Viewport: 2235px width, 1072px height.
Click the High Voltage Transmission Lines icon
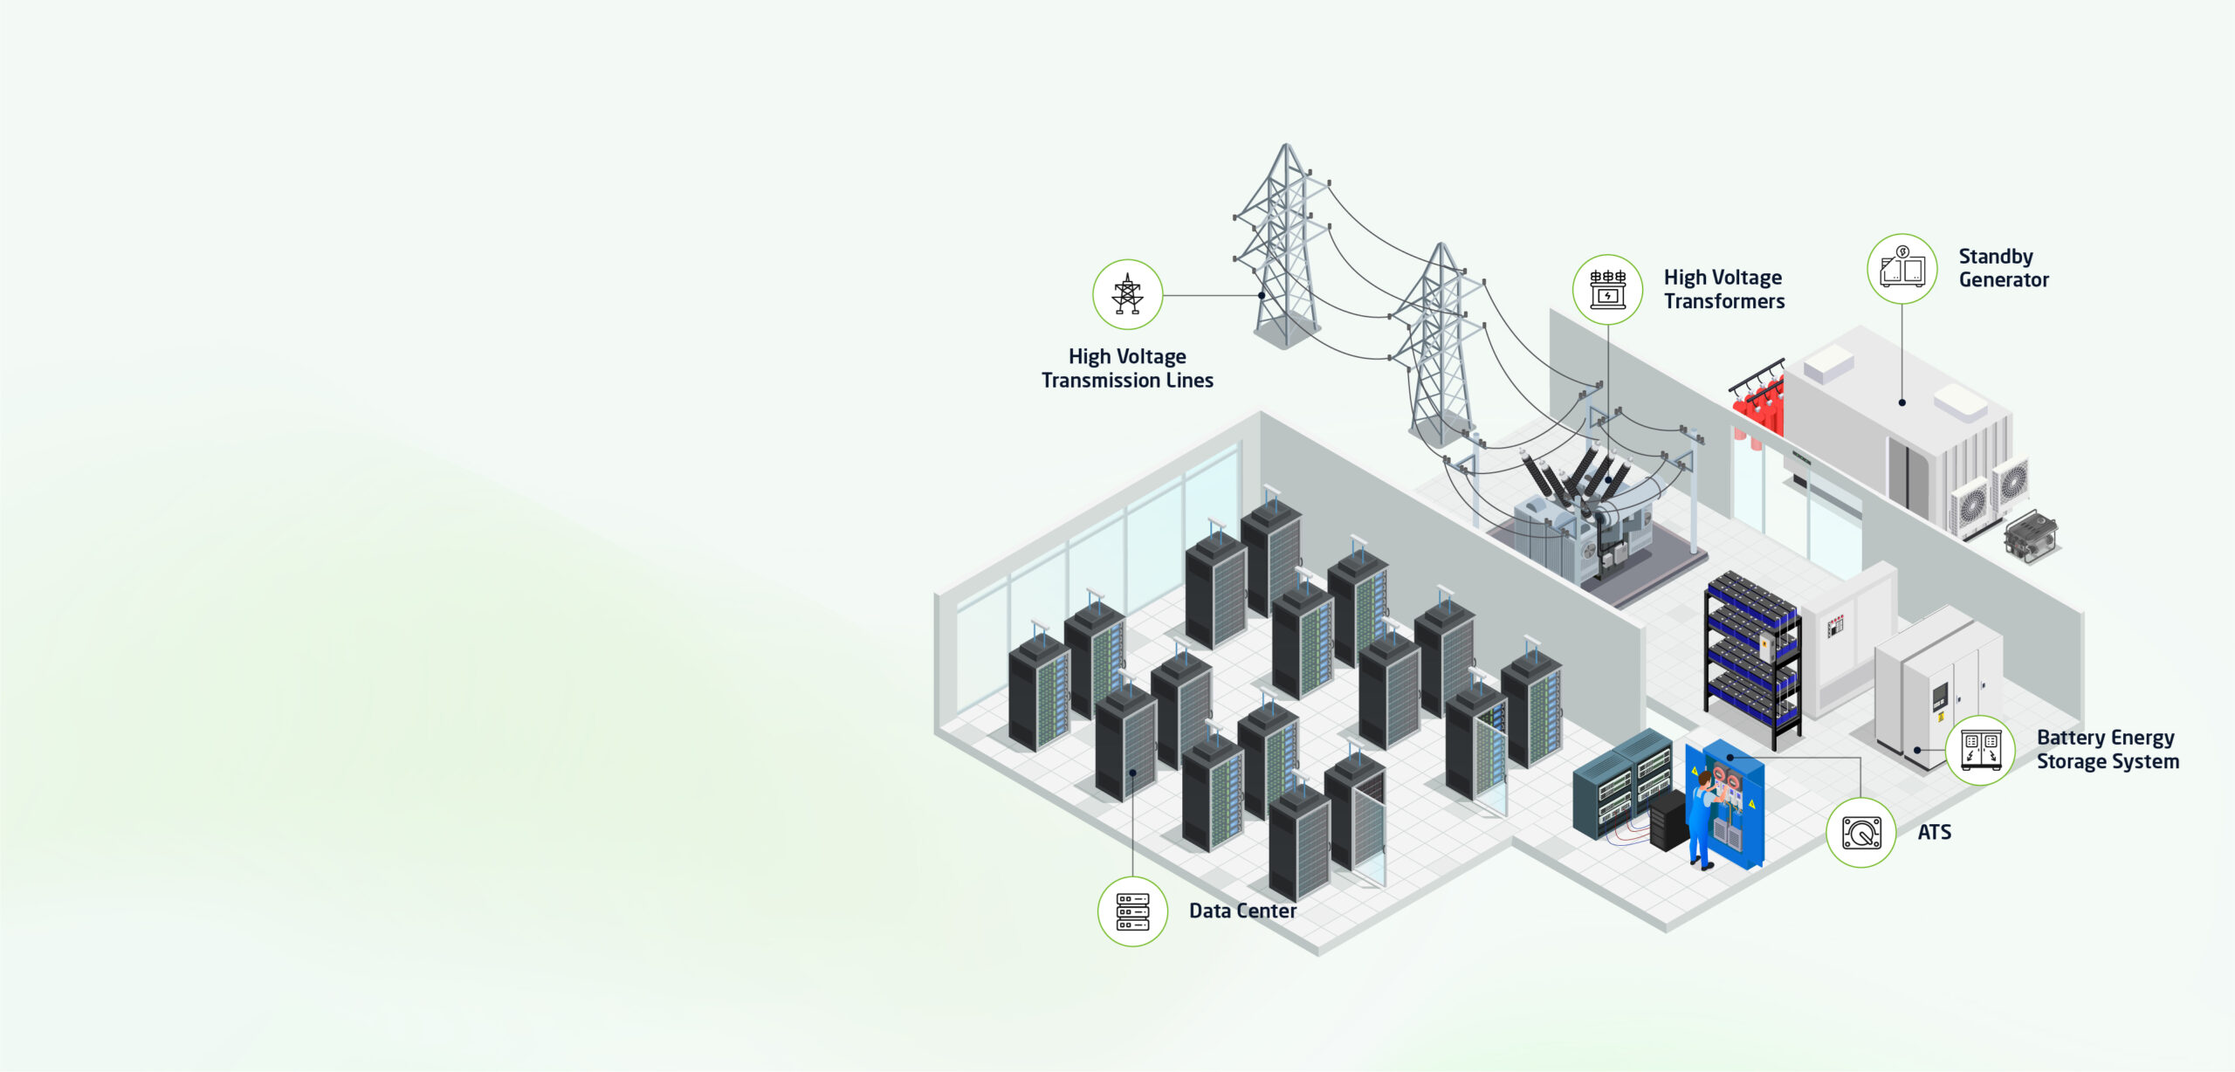point(1127,294)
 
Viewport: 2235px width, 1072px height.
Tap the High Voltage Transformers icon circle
point(1607,290)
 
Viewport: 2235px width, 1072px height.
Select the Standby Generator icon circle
point(1901,269)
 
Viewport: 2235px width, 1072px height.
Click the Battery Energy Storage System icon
point(1980,751)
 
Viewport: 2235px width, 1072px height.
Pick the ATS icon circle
point(1860,832)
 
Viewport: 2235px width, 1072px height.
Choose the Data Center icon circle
point(1132,911)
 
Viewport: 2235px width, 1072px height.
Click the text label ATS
point(1934,832)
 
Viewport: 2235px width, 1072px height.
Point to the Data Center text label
point(1242,911)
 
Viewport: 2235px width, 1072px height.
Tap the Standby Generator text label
point(2003,268)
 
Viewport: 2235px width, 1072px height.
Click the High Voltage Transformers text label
point(1723,289)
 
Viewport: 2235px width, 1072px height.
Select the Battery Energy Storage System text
point(2108,750)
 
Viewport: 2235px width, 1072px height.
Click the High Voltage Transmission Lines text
point(1127,368)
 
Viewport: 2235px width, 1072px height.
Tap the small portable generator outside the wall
point(2030,536)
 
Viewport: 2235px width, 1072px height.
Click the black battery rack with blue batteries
point(1751,659)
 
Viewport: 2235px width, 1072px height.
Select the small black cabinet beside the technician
point(1668,820)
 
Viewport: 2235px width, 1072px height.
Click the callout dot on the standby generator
point(1902,402)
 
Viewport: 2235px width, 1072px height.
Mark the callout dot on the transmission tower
point(1262,295)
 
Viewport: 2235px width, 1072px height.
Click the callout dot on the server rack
point(1132,773)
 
